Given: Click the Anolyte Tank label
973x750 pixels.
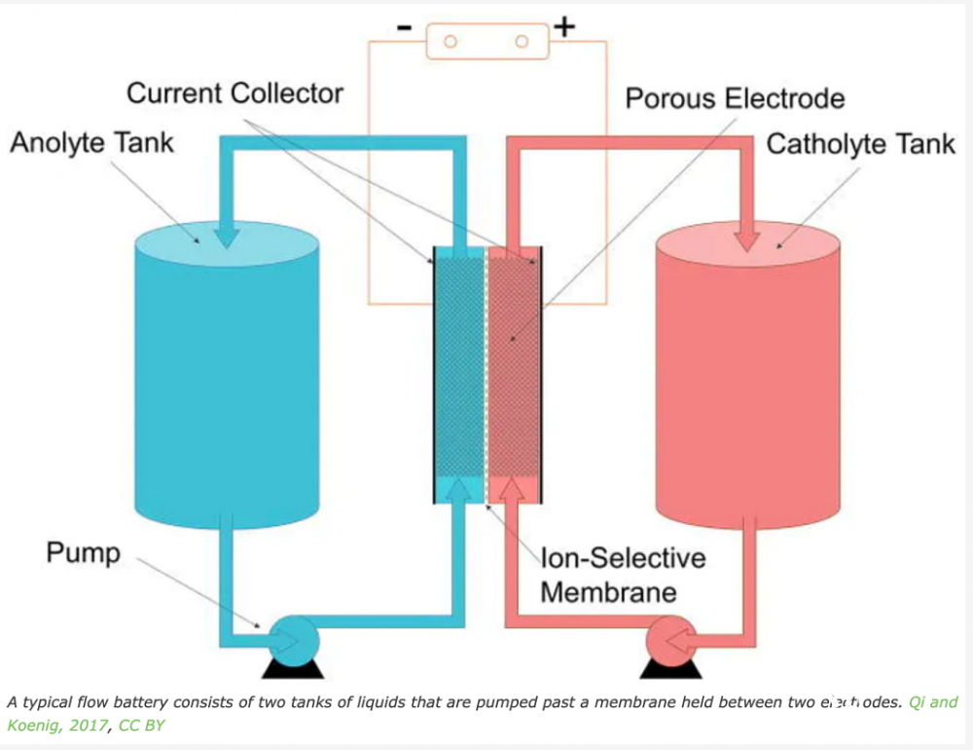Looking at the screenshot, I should (x=91, y=143).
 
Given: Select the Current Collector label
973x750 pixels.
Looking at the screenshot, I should (x=234, y=94).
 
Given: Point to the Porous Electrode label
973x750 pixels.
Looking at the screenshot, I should (x=735, y=98).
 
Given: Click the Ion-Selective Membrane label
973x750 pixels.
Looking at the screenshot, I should (x=623, y=576).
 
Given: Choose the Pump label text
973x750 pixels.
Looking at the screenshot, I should (x=84, y=553).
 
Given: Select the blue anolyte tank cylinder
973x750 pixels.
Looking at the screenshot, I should (x=226, y=380).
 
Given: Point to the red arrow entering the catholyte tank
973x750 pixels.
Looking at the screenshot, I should (x=748, y=232).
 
